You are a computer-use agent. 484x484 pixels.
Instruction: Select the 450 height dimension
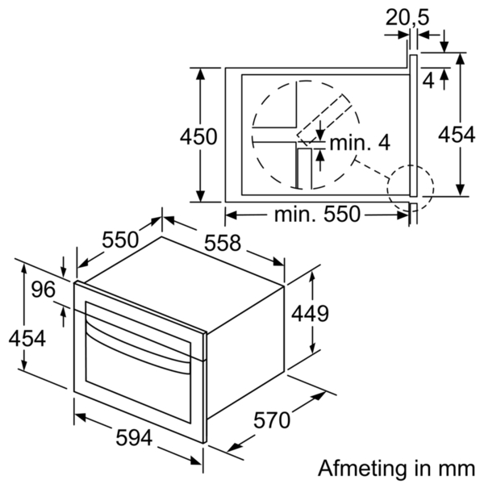pos(198,137)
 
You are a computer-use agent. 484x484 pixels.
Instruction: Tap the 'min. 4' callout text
pos(360,143)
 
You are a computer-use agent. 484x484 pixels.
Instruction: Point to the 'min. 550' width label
pos(317,215)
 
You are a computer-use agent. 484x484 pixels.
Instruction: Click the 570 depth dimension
pos(272,420)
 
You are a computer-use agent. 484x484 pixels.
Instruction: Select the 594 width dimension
pos(133,439)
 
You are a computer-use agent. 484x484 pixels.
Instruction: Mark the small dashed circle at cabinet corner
pos(410,187)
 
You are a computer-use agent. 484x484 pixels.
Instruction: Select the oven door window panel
pos(137,379)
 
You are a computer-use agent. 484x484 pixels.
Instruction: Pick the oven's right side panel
pos(242,355)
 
